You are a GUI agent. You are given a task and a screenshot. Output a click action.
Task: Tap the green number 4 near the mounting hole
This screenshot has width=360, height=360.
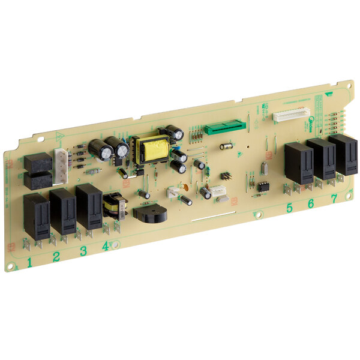(x=106, y=245)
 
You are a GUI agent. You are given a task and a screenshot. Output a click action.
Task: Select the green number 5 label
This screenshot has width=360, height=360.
(x=289, y=208)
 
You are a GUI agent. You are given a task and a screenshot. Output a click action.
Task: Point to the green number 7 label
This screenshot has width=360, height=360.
(x=334, y=200)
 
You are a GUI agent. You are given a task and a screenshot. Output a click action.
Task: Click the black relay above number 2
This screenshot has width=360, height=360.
(x=63, y=211)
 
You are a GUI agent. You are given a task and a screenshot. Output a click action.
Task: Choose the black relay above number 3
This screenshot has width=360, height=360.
(x=89, y=206)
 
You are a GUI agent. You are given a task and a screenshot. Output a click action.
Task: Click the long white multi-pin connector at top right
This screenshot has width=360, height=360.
(x=292, y=114)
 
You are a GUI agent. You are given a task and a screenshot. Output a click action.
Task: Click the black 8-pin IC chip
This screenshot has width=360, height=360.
(x=263, y=186)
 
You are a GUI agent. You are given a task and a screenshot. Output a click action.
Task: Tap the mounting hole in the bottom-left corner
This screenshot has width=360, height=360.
(x=10, y=264)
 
